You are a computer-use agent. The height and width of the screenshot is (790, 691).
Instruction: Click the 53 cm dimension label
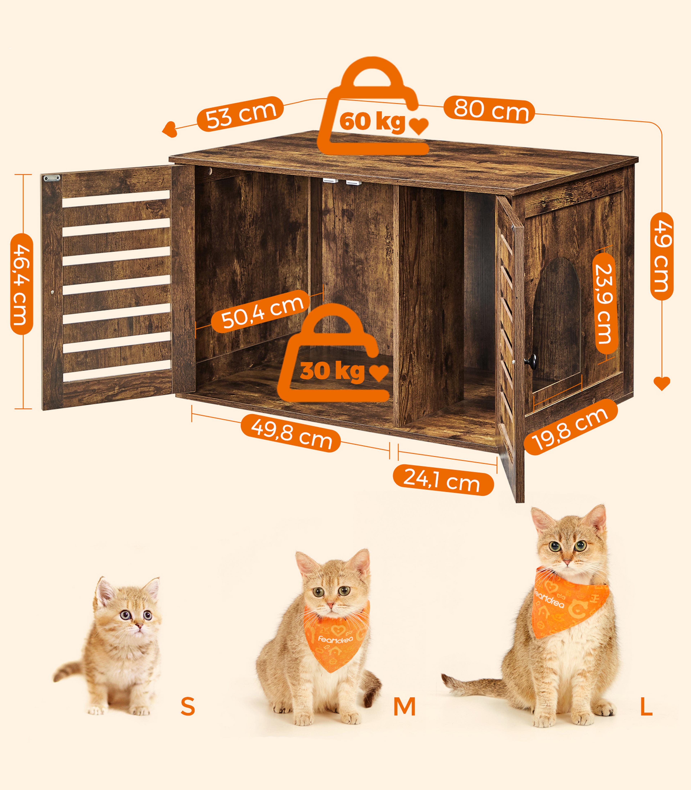point(240,114)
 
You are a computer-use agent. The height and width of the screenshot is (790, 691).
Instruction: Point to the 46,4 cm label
point(22,284)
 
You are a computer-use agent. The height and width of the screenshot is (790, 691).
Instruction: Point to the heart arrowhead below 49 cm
point(662,383)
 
